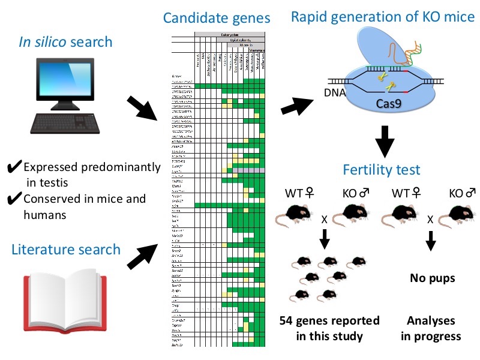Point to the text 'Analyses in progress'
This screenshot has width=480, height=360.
431,328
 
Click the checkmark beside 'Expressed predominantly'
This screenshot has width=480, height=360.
16,167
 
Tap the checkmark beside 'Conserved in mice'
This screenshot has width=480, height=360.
16,199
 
